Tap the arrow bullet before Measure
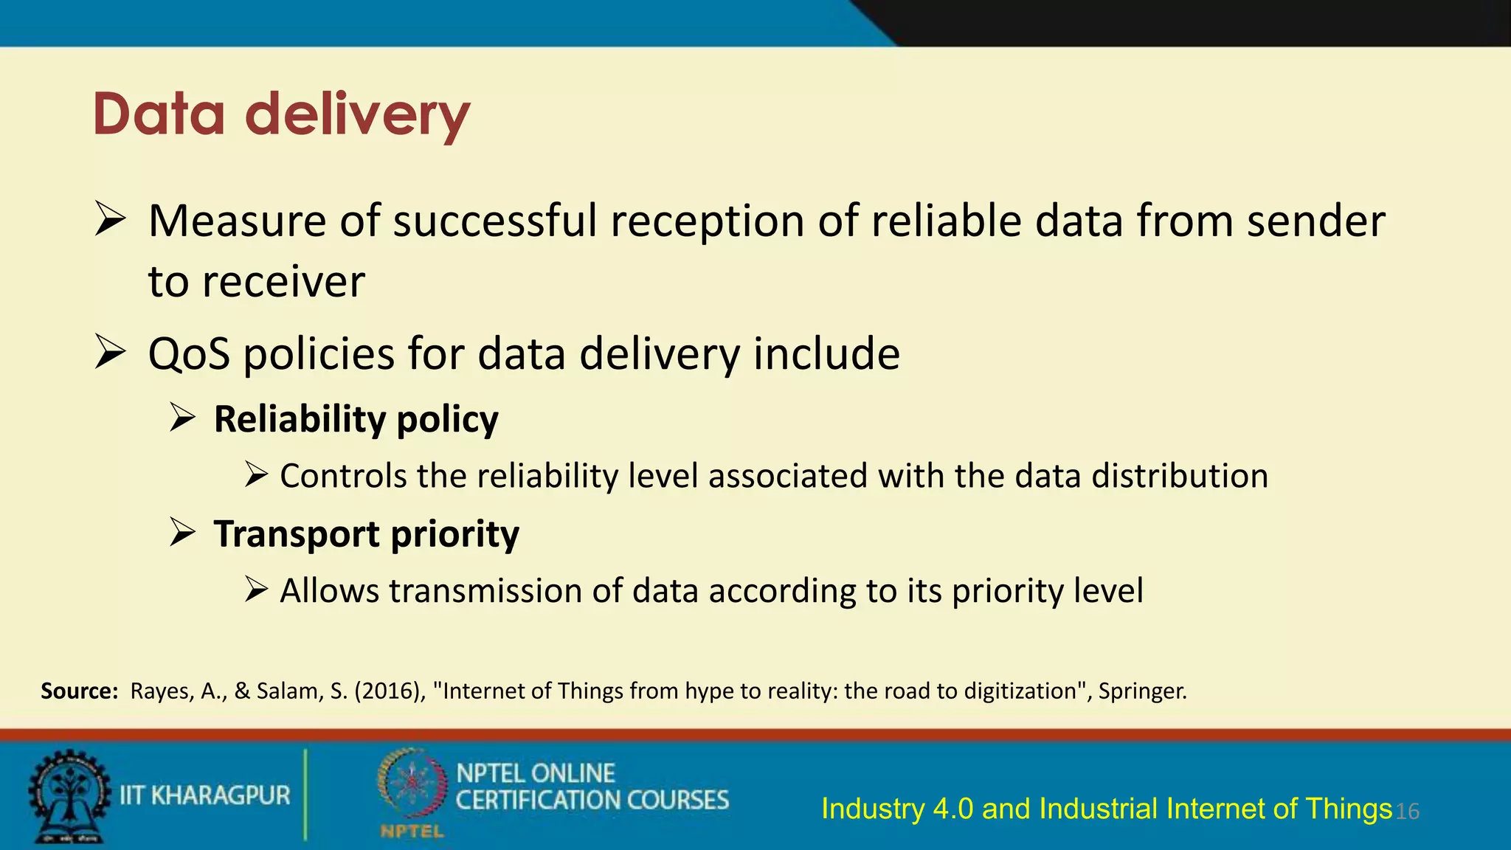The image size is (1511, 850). coord(111,220)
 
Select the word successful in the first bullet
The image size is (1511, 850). coord(495,221)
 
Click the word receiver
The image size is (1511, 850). coord(283,282)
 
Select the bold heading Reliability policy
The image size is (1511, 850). coord(356,419)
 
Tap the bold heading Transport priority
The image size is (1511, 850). coord(366,533)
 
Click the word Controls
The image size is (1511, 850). coord(343,476)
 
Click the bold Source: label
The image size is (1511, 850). coord(79,691)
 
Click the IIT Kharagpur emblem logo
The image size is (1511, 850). coord(69,796)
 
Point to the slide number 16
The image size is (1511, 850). coord(1408,812)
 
